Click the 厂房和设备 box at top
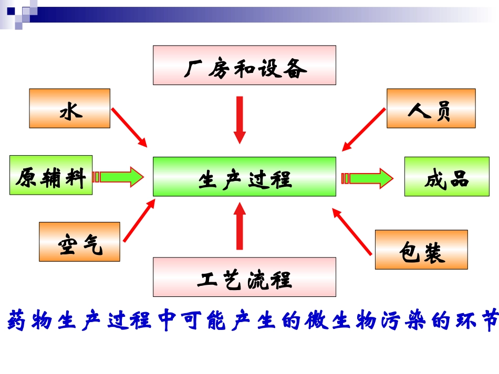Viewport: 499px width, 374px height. [x=244, y=65]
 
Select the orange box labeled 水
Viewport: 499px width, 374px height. [x=70, y=108]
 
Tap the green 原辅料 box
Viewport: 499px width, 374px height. [x=51, y=175]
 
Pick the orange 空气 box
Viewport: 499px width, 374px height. [x=79, y=242]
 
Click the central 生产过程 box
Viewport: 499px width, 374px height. [x=244, y=177]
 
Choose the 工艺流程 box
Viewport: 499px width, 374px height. [x=244, y=277]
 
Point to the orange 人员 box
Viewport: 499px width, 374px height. [x=431, y=108]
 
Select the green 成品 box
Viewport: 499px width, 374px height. [x=446, y=177]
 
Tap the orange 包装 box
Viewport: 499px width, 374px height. [x=421, y=250]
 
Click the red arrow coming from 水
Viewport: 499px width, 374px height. [x=129, y=127]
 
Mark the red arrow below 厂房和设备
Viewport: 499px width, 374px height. [x=240, y=120]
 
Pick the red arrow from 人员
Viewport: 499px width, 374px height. [x=363, y=130]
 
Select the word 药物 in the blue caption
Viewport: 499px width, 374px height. [x=29, y=320]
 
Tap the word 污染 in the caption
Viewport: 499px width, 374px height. [x=402, y=320]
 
